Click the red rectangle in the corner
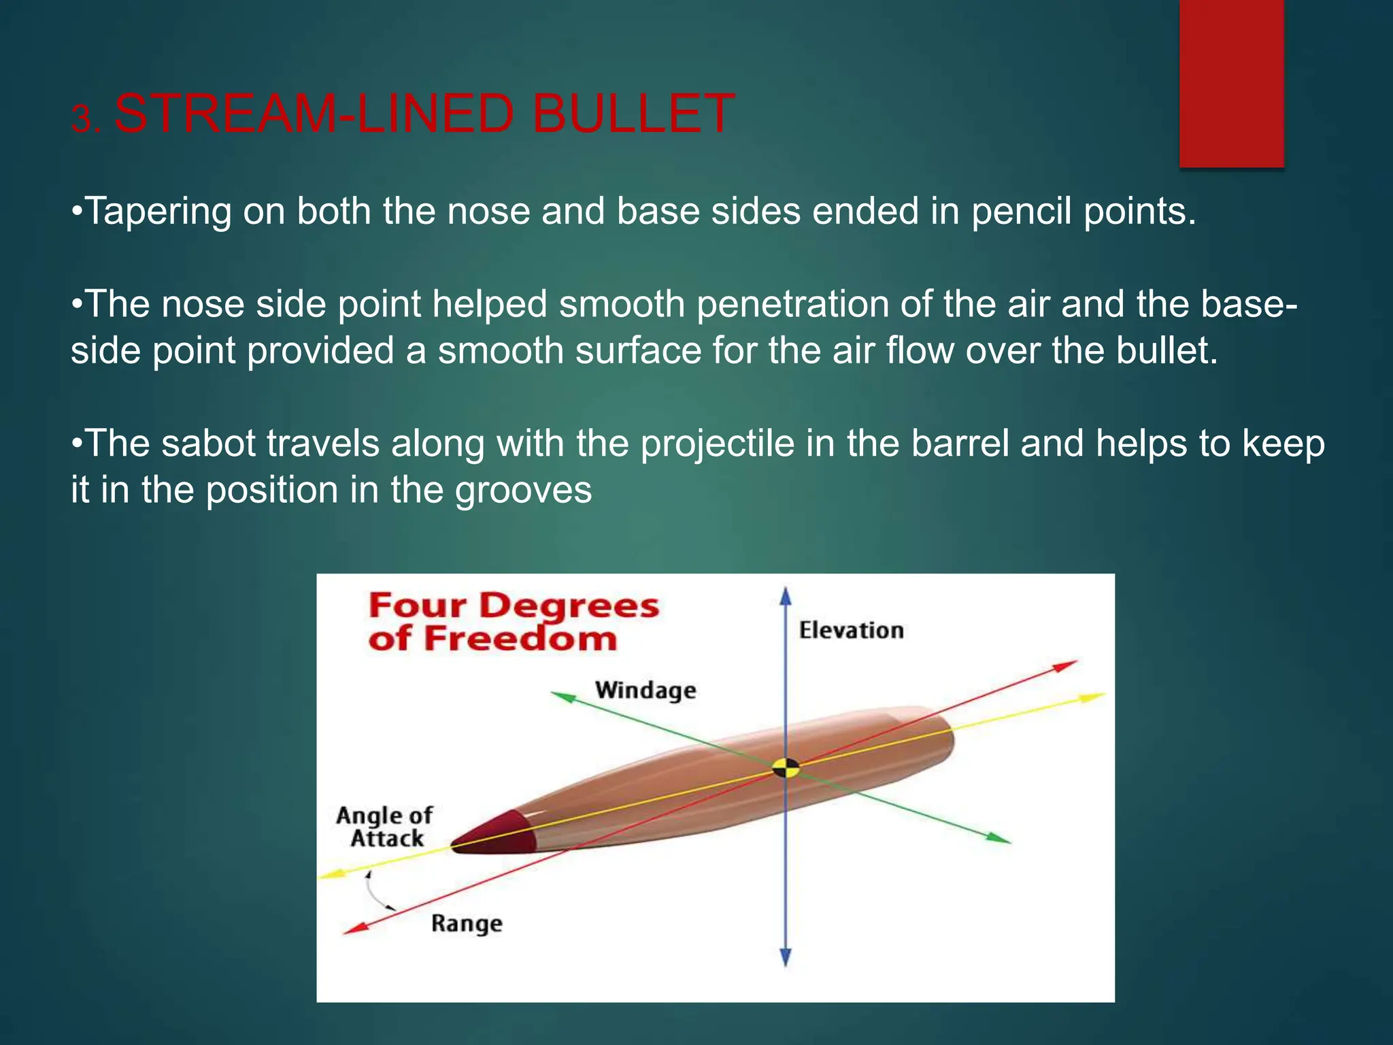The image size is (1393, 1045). click(x=1231, y=83)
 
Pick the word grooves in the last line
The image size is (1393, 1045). click(x=523, y=491)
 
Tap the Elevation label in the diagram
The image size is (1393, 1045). click(x=851, y=631)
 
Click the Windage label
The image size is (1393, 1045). click(x=645, y=691)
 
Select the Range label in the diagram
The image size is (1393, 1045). click(x=467, y=924)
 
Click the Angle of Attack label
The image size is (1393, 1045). click(x=385, y=827)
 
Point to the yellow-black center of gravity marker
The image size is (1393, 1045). click(x=786, y=769)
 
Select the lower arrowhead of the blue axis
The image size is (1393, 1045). click(x=786, y=957)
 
